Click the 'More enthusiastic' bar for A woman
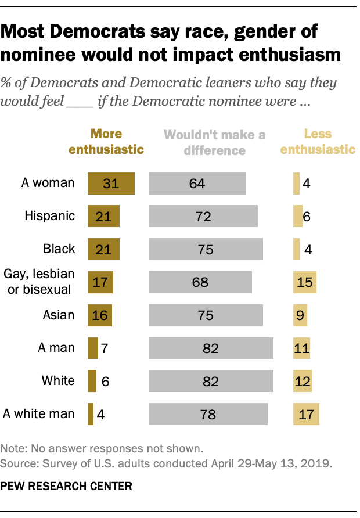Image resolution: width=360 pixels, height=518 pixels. (x=111, y=184)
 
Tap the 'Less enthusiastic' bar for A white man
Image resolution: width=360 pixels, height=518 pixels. (x=306, y=415)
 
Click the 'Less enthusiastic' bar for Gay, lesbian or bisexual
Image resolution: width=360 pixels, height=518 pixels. (x=305, y=283)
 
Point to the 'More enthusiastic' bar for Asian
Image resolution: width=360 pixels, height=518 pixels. (x=99, y=316)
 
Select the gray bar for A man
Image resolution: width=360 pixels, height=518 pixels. (x=211, y=348)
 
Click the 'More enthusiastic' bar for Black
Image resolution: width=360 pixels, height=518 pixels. (x=103, y=250)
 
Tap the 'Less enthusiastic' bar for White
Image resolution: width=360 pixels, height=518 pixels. (x=303, y=382)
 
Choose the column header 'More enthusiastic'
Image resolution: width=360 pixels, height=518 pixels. (x=106, y=142)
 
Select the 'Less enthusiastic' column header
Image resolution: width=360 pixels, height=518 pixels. (x=318, y=142)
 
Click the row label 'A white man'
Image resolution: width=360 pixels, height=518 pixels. (x=39, y=414)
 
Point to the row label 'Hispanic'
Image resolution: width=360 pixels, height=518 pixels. (x=50, y=216)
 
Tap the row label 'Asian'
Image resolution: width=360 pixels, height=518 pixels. (x=59, y=315)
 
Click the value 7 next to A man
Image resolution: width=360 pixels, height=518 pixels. (x=105, y=348)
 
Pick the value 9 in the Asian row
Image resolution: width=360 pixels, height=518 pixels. (x=300, y=316)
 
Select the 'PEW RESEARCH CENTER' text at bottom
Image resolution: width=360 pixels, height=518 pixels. (x=67, y=485)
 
